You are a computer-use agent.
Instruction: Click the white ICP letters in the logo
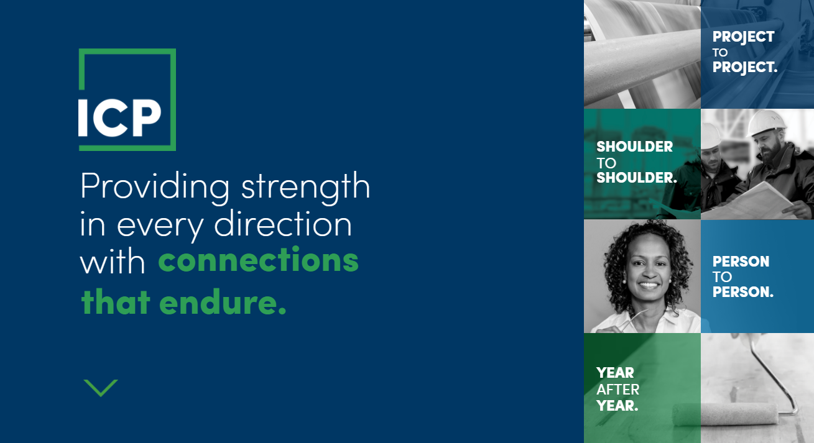(119, 117)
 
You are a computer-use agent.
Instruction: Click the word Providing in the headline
(155, 186)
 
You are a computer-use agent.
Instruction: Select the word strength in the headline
(305, 185)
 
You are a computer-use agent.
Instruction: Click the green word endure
(223, 301)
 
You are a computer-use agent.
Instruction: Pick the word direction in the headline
(283, 224)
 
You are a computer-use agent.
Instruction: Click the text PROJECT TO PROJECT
(744, 52)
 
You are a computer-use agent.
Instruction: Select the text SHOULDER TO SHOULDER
(637, 162)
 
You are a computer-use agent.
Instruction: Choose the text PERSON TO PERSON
(742, 276)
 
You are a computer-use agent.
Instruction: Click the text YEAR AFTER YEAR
(617, 390)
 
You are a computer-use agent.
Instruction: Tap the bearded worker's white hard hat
(766, 122)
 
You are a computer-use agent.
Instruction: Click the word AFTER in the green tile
(617, 390)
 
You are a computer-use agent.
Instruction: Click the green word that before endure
(116, 301)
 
